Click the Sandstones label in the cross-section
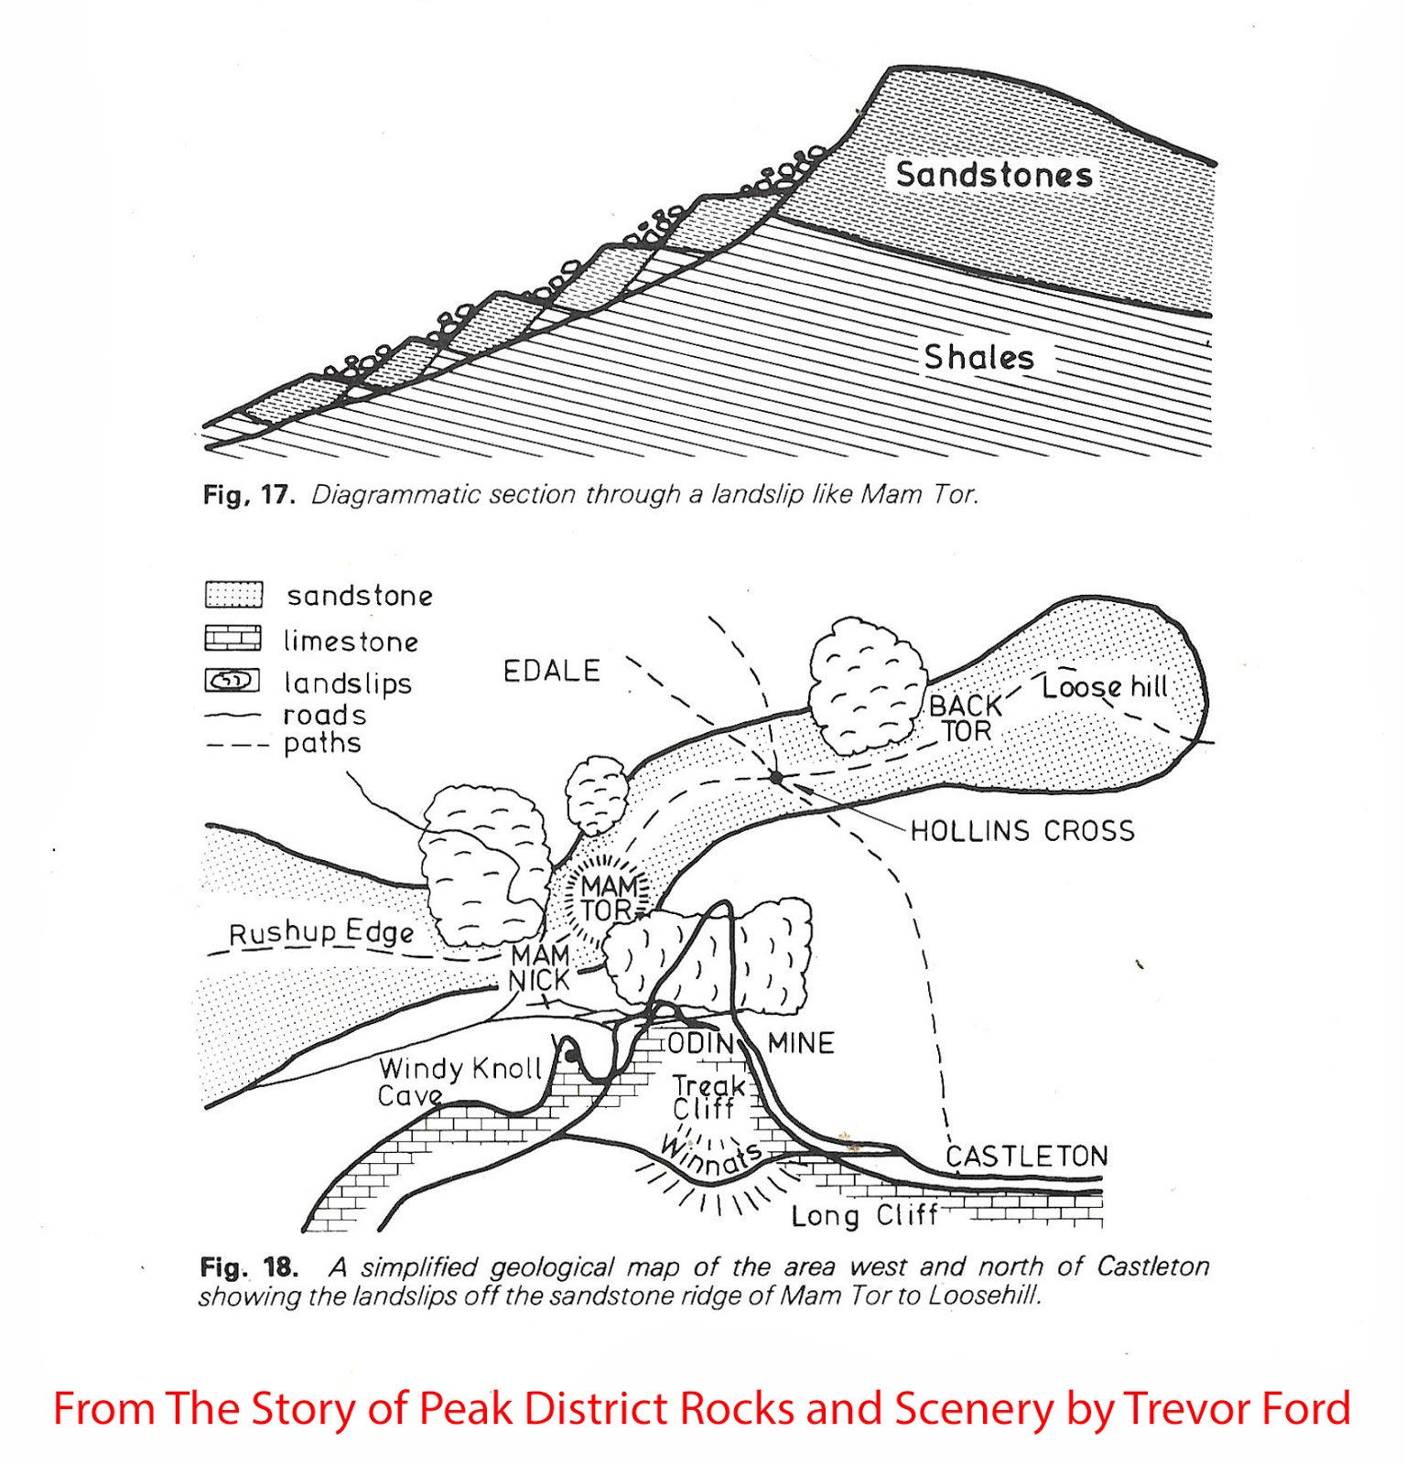point(994,174)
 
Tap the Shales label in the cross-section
point(978,357)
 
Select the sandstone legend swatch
point(233,595)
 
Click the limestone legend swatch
point(232,638)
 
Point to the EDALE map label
point(551,671)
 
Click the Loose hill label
point(1105,687)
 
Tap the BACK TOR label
point(966,718)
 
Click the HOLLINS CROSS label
point(1022,831)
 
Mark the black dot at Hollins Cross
point(776,778)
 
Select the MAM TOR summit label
point(609,898)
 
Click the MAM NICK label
point(540,968)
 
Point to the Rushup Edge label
point(321,933)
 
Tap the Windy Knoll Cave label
point(459,1082)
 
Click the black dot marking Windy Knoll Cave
point(570,1057)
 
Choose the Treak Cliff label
point(708,1097)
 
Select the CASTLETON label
point(1026,1157)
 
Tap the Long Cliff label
point(864,1216)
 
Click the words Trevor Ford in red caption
point(1236,1408)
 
